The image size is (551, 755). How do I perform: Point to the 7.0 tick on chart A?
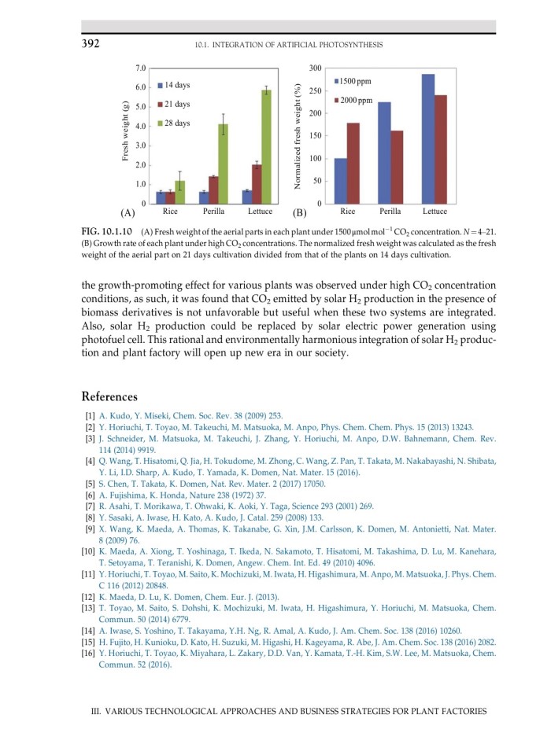click(x=138, y=68)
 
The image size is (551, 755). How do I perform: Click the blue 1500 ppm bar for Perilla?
click(x=384, y=153)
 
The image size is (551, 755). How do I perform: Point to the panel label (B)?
click(x=299, y=213)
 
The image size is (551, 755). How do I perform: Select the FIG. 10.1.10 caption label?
click(x=108, y=233)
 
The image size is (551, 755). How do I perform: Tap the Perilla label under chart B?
click(x=390, y=212)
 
